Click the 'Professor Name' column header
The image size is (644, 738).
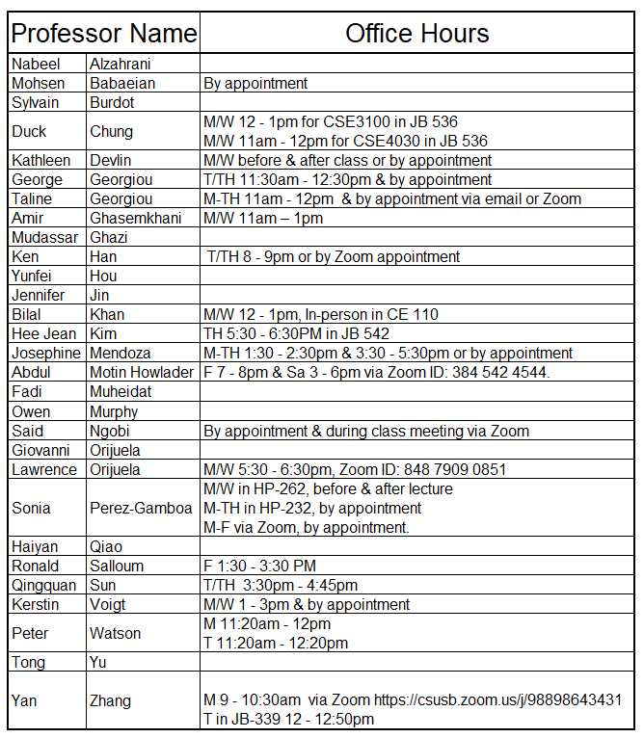pyautogui.click(x=103, y=35)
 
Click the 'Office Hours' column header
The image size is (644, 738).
pyautogui.click(x=417, y=35)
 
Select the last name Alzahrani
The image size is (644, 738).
pyautogui.click(x=120, y=65)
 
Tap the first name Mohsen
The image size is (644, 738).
pyautogui.click(x=38, y=84)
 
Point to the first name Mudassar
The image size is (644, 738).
pyautogui.click(x=45, y=238)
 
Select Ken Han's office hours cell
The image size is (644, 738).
pyautogui.click(x=334, y=257)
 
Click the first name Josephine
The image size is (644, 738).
pyautogui.click(x=46, y=354)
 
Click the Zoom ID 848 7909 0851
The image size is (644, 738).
pyautogui.click(x=456, y=469)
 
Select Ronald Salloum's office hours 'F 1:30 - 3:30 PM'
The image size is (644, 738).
pyautogui.click(x=259, y=566)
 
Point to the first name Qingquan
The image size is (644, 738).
pyautogui.click(x=44, y=585)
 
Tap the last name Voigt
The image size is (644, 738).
pyautogui.click(x=109, y=604)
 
